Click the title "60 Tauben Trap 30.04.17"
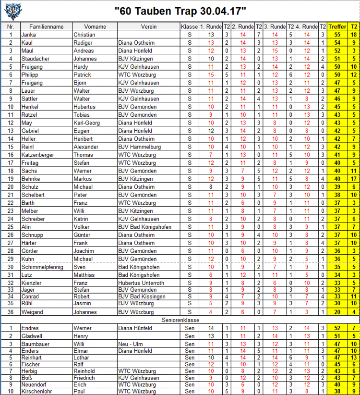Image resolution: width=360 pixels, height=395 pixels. point(181,11)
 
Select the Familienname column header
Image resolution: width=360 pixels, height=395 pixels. point(46,27)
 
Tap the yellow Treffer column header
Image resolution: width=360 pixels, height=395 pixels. point(337,27)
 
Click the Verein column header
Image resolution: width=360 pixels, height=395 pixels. point(148,27)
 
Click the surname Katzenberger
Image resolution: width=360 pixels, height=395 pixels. point(37,155)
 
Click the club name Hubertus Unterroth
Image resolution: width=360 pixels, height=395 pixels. point(141,283)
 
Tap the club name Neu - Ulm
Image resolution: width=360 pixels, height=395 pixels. point(131,344)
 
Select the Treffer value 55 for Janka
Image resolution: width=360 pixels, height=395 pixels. point(337,35)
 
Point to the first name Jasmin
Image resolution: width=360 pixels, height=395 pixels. point(83,303)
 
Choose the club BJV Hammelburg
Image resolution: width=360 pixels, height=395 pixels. point(139,147)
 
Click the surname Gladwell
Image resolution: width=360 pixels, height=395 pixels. point(33,336)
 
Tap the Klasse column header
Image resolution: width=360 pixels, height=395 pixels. point(189,27)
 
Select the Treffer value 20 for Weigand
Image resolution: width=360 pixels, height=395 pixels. point(337,312)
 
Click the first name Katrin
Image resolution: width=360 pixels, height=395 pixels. point(82,219)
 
